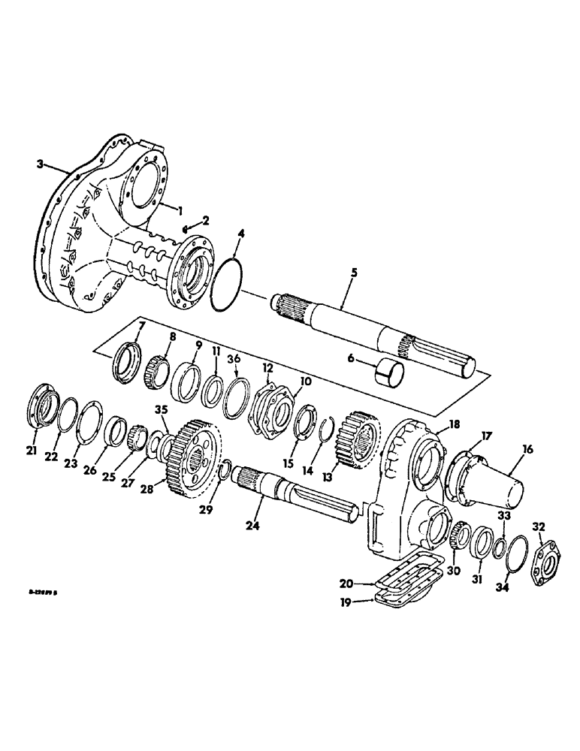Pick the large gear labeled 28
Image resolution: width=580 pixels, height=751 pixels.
(x=192, y=451)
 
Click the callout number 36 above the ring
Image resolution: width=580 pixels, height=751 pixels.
(x=234, y=359)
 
